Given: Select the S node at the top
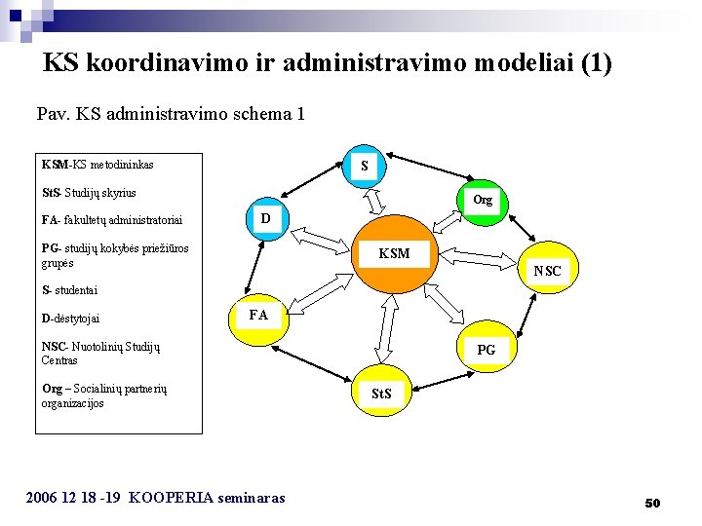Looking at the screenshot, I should (x=364, y=166).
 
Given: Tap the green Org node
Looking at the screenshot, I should (x=483, y=201).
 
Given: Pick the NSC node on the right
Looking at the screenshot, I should (x=548, y=270).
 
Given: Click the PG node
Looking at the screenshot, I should (x=486, y=349).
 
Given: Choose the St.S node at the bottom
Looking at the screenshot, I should (x=381, y=393).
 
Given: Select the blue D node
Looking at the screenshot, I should (x=265, y=218).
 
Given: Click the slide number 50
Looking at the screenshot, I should (x=652, y=503).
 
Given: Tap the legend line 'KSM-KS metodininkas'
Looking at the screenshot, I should (x=97, y=165).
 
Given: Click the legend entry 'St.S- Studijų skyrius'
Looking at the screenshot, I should (x=89, y=193).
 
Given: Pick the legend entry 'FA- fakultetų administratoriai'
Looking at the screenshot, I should (x=113, y=220).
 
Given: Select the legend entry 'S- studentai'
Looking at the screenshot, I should (x=70, y=290).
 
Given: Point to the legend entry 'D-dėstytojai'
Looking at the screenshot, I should (x=71, y=319).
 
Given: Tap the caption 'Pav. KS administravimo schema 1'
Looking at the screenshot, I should (x=171, y=114).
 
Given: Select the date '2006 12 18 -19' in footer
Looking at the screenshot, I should (x=73, y=498).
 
